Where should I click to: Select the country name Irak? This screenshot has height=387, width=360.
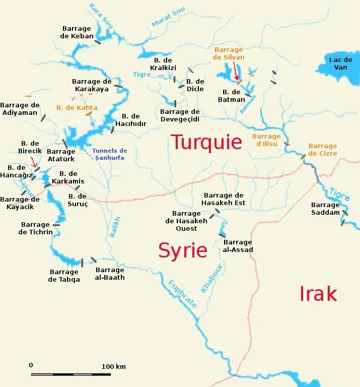pyautogui.click(x=318, y=293)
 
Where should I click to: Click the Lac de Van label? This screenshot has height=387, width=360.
pyautogui.click(x=338, y=63)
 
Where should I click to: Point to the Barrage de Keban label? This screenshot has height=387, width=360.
pyautogui.click(x=77, y=33)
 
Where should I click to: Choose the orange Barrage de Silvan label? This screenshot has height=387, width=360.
pyautogui.click(x=229, y=53)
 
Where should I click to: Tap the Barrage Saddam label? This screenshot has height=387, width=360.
pyautogui.click(x=325, y=209)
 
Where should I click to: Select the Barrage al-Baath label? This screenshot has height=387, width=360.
pyautogui.click(x=110, y=274)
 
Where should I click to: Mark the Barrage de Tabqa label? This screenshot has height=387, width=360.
pyautogui.click(x=64, y=276)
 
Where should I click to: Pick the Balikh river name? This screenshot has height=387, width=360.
pyautogui.click(x=115, y=227)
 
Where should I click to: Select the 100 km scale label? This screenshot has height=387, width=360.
pyautogui.click(x=114, y=366)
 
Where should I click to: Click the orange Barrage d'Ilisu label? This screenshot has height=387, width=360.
pyautogui.click(x=266, y=140)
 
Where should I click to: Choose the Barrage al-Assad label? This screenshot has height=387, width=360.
pyautogui.click(x=238, y=246)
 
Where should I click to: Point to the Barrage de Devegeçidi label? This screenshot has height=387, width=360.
pyautogui.click(x=180, y=115)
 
